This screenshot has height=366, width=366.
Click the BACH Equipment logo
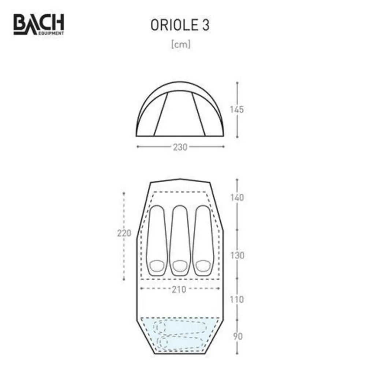pos(39,25)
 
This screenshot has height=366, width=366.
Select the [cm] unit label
pos(181,44)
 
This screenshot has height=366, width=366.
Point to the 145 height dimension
pos(237,109)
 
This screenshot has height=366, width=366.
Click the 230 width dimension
pos(180,147)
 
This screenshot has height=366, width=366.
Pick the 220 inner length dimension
pos(124,233)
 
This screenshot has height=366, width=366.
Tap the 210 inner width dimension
pos(179,290)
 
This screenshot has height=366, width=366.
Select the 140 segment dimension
pos(237,198)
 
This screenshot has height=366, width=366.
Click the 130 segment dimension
pos(237,255)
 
